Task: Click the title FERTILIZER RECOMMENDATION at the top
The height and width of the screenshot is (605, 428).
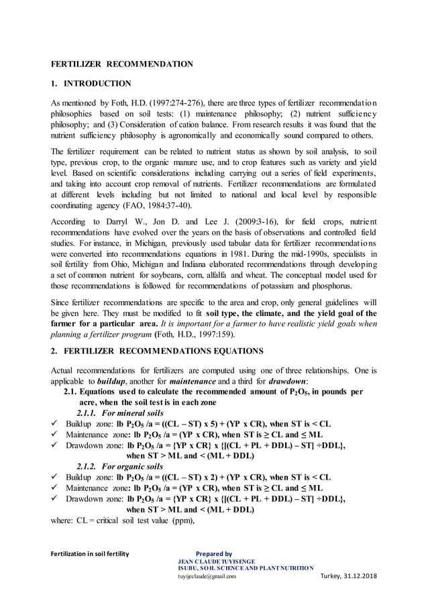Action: click(123, 64)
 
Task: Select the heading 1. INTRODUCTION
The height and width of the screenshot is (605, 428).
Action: click(91, 84)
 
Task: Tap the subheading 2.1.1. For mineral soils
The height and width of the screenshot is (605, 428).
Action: click(120, 412)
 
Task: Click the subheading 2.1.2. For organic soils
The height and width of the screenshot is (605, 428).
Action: click(120, 466)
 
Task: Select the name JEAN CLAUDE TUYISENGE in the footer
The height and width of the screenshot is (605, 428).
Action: click(216, 561)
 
